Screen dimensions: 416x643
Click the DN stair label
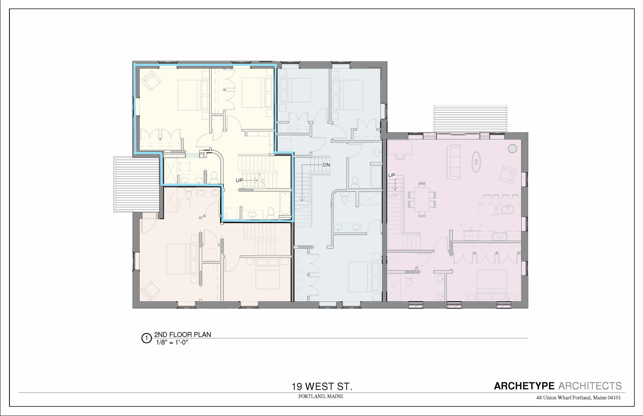326,165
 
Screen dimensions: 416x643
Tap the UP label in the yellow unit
239,180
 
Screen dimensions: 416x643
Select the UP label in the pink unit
391,175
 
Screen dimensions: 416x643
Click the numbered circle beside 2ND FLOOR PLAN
146,338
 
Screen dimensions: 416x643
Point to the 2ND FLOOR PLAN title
182,334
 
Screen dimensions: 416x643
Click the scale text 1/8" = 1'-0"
172,342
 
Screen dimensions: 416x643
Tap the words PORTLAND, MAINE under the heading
321,396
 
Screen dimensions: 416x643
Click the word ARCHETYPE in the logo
524,386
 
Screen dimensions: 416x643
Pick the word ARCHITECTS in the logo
590,386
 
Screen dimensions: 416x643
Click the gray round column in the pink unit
512,148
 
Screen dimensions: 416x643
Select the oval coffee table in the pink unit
476,162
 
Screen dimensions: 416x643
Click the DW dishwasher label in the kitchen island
496,210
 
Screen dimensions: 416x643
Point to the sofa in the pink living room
454,162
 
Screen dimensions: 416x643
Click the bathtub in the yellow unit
285,203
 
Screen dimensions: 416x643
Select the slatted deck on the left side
137,185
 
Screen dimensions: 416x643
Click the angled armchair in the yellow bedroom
151,80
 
